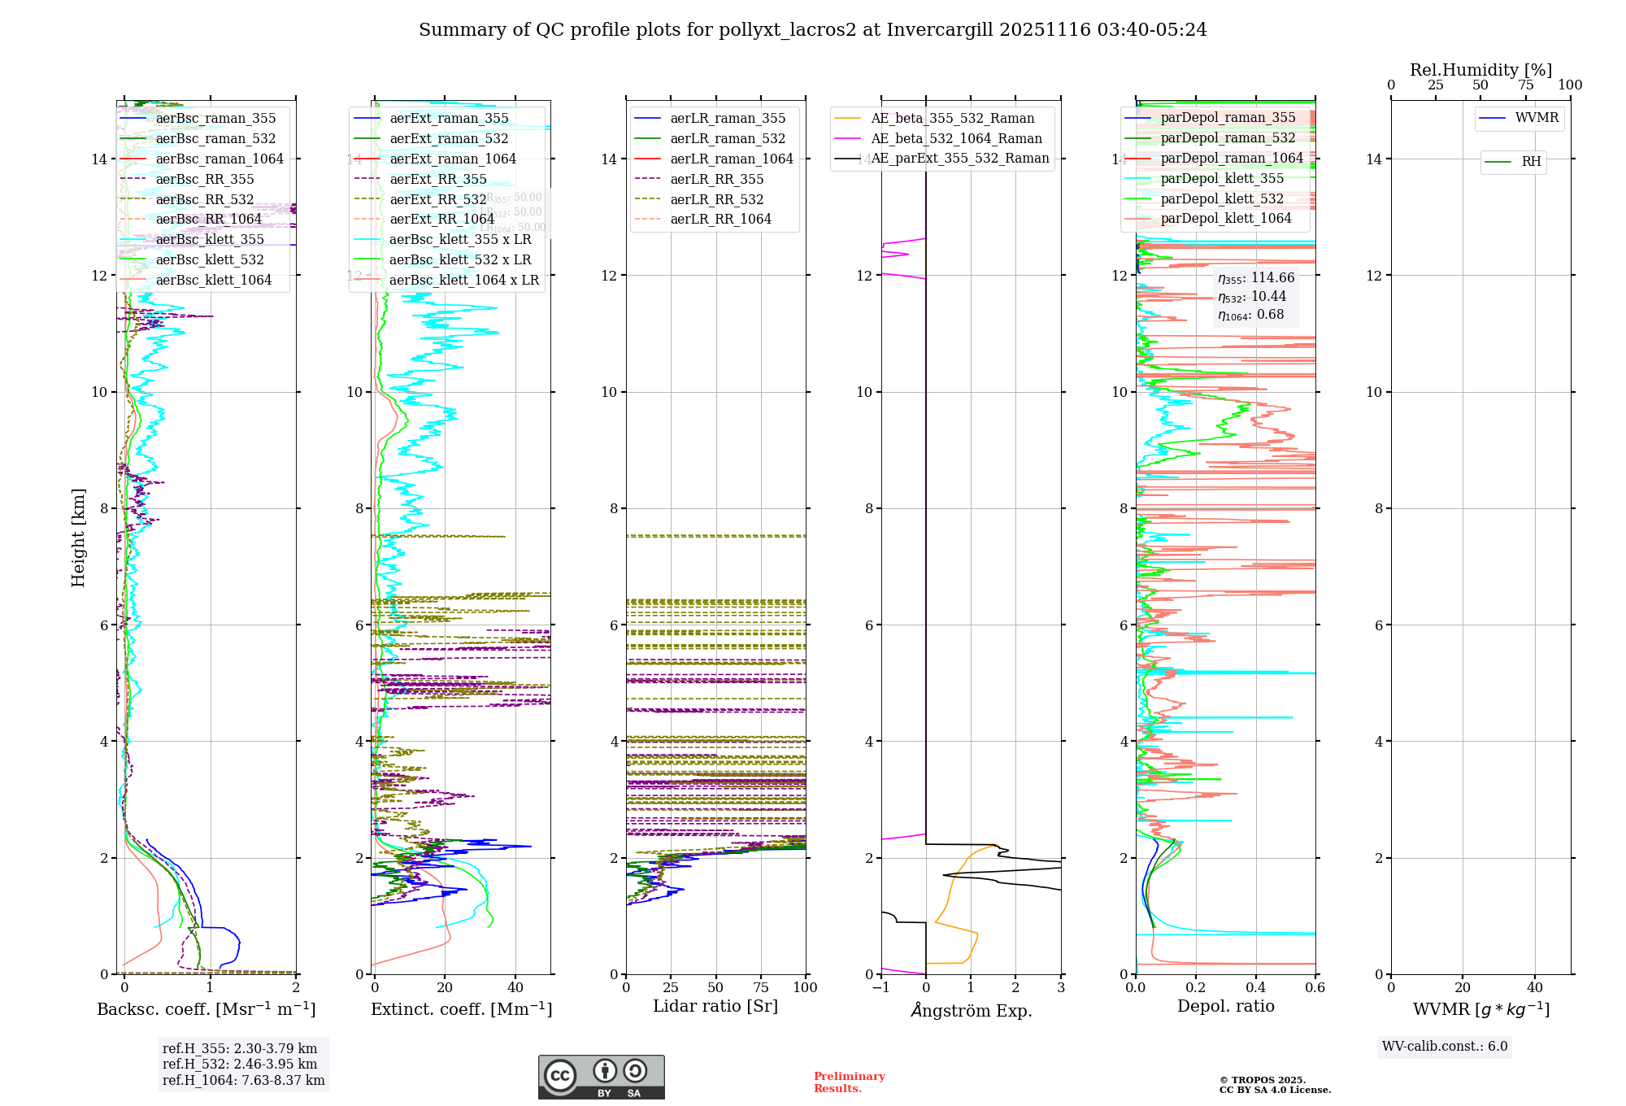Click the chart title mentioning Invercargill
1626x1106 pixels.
point(812,30)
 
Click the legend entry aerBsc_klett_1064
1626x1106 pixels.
point(213,280)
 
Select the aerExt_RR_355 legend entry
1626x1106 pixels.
point(437,179)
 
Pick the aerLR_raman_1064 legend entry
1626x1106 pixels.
point(731,159)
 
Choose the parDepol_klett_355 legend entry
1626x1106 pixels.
point(1221,178)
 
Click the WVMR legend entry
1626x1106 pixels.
point(1536,118)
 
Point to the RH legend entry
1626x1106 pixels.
point(1530,162)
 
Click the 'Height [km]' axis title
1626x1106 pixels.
point(78,537)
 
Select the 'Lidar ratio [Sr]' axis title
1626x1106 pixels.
point(715,1006)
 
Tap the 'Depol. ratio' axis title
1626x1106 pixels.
point(1225,1006)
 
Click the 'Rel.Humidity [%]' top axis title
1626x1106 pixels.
point(1480,70)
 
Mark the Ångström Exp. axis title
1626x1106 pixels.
point(971,1010)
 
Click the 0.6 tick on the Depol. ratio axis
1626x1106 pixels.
point(1315,988)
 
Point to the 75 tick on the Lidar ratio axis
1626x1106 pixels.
point(761,988)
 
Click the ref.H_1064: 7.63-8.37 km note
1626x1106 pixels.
point(243,1081)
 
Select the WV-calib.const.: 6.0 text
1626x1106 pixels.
point(1445,1047)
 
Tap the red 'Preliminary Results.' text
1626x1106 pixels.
point(849,1082)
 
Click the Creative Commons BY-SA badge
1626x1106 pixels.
point(601,1078)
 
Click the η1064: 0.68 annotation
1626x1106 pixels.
point(1250,315)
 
